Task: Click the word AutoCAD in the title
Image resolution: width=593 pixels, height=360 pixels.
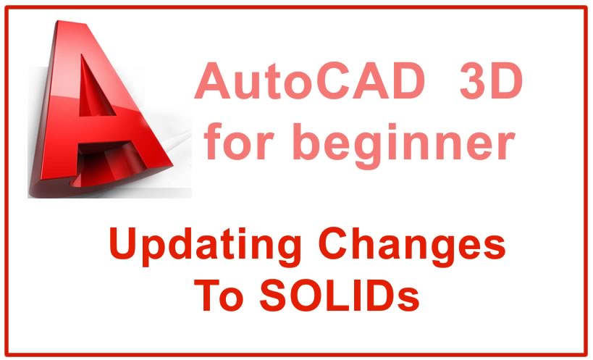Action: pos(310,80)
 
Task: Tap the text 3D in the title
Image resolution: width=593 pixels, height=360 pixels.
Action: pos(491,80)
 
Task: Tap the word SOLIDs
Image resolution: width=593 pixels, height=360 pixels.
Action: pos(340,294)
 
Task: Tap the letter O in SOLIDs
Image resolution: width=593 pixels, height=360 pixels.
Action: pos(308,294)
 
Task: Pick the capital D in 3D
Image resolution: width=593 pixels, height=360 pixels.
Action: pos(507,80)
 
